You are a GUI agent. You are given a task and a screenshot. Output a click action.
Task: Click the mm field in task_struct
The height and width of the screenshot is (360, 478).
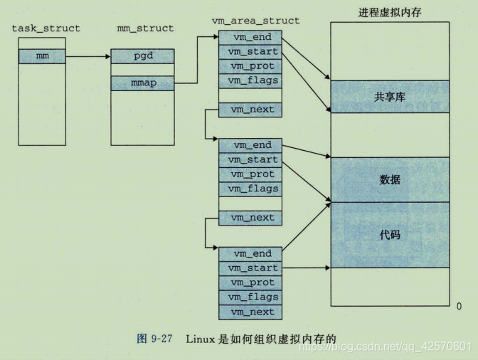[42, 55]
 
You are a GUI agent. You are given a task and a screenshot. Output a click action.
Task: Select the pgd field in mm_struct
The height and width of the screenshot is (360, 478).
[143, 55]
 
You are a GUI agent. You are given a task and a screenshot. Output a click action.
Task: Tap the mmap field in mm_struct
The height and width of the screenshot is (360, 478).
[143, 83]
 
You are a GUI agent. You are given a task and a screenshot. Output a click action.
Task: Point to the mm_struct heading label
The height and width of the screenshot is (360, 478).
[145, 28]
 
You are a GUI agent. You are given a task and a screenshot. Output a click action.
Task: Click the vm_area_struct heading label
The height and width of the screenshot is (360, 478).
[255, 21]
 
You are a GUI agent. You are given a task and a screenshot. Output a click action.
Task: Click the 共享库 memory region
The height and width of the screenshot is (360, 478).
[390, 97]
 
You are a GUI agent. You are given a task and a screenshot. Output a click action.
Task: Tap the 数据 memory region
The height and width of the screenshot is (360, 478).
[390, 179]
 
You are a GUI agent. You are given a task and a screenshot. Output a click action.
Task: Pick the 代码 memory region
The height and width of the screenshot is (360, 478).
[390, 234]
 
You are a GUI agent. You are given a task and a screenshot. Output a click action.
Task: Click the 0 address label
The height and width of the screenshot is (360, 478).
[459, 305]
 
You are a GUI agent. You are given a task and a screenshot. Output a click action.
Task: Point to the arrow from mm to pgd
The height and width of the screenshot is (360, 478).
[87, 55]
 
